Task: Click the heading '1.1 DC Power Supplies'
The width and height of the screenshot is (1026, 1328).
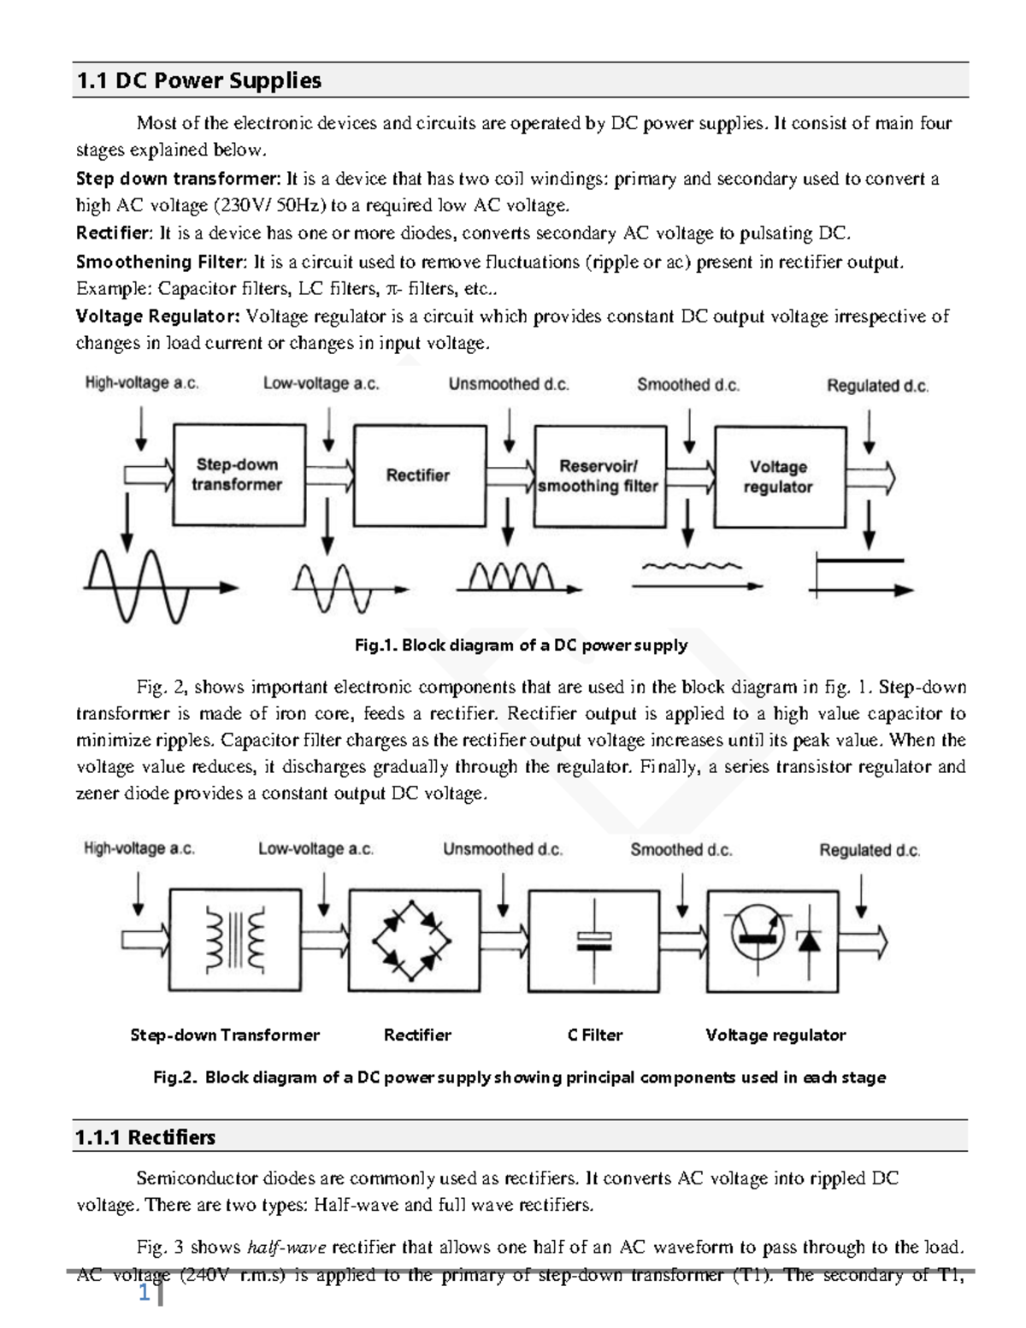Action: point(198,81)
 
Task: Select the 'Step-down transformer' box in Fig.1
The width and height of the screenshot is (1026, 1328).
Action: point(239,475)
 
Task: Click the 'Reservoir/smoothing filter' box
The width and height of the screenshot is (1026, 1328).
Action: point(598,476)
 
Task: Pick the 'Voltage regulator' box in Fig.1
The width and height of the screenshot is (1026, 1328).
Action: point(778,477)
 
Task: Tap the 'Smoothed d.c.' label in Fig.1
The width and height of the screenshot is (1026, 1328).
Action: point(687,386)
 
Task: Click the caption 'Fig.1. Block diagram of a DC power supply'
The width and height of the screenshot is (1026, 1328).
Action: point(521,645)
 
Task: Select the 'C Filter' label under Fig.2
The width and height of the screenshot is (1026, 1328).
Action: point(594,1036)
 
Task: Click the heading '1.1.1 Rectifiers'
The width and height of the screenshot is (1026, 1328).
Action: point(145,1137)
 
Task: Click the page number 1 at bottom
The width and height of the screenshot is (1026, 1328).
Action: point(144,1295)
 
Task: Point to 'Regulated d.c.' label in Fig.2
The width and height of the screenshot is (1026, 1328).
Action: point(870,851)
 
